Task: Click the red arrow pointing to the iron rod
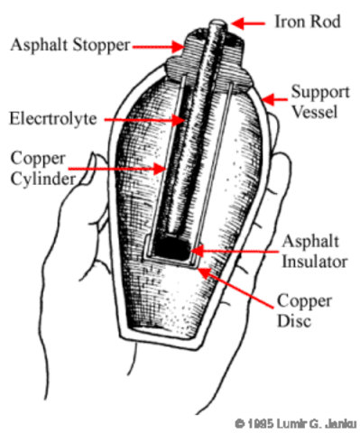247,20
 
